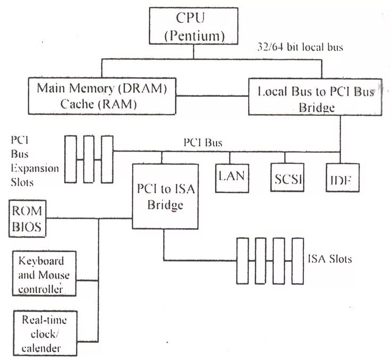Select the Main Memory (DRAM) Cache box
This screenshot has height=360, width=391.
pyautogui.click(x=101, y=96)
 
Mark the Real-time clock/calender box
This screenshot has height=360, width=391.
pyautogui.click(x=44, y=333)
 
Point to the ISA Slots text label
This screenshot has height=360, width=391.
pyautogui.click(x=329, y=259)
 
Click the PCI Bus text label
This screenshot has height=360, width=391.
pyautogui.click(x=202, y=143)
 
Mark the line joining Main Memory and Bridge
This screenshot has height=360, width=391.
pyautogui.click(x=213, y=96)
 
